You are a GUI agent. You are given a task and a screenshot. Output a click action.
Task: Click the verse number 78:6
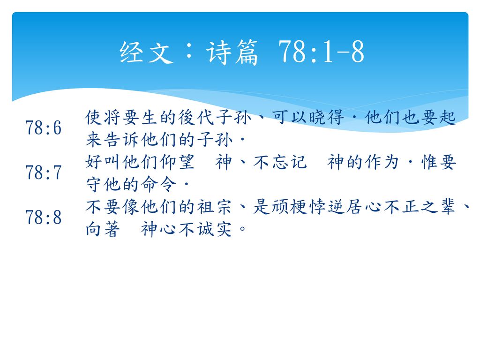[44, 127]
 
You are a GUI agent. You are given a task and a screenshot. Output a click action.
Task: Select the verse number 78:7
[44, 172]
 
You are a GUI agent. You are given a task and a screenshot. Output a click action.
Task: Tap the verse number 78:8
[44, 217]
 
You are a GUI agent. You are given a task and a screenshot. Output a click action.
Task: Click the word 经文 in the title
[147, 52]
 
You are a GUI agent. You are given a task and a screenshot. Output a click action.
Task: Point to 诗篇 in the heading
[232, 52]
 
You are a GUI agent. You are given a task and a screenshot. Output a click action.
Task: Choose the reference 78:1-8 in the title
[321, 52]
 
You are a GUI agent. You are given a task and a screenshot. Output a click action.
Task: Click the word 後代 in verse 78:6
[196, 118]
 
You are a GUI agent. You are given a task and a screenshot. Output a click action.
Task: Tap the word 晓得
[326, 118]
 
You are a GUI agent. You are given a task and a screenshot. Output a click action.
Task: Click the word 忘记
[289, 162]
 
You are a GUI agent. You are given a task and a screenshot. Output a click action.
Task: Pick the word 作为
[382, 162]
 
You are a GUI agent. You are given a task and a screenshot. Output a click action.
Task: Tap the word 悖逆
[326, 207]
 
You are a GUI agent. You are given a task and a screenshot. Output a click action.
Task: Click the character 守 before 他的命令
[94, 184]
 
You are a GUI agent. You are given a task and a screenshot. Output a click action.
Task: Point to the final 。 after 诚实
[242, 229]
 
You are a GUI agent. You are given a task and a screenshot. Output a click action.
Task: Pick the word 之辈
[438, 207]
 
